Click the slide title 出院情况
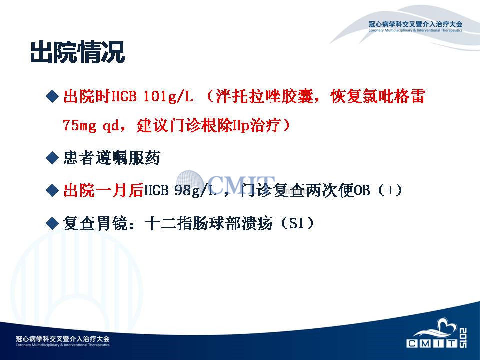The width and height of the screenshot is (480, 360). (x=78, y=52)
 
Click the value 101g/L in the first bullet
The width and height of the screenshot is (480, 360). (x=168, y=96)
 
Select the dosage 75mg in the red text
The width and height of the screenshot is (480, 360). (x=79, y=125)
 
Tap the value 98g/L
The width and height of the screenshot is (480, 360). (x=195, y=190)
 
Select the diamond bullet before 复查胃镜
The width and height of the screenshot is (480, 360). (x=52, y=223)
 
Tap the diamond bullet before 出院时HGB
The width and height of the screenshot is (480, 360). (x=52, y=96)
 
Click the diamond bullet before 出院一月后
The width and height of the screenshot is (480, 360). (x=52, y=190)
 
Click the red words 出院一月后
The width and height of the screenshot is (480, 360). (x=103, y=190)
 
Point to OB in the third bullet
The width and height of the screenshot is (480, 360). (x=362, y=190)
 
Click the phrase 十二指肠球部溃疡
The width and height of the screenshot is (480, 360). (x=209, y=223)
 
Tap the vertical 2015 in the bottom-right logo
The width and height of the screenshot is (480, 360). (x=463, y=338)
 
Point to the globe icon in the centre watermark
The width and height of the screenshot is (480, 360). (x=190, y=183)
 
